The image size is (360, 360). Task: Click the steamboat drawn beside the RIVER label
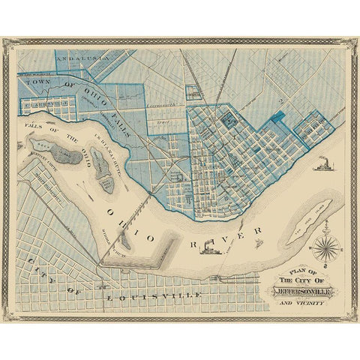tap(256, 241)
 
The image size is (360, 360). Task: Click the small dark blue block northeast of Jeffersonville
tap(280, 115)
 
